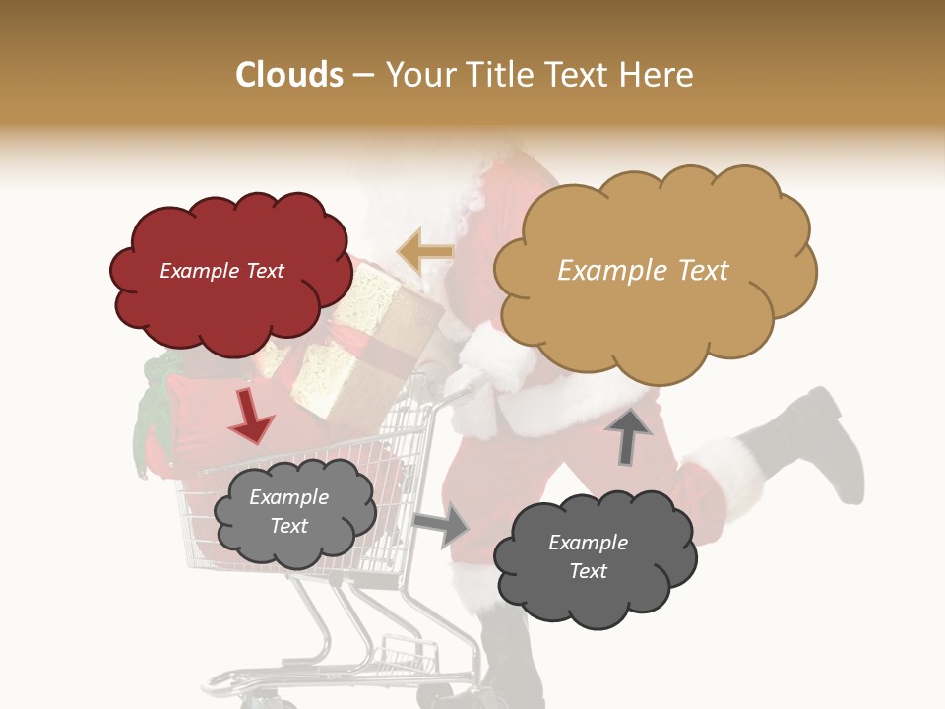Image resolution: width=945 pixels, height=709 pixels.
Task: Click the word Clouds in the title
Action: (289, 75)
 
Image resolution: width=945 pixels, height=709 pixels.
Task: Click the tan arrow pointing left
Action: (425, 251)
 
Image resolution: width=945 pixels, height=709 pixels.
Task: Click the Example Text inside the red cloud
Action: (221, 271)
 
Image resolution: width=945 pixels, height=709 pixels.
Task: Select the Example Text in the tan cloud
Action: (643, 271)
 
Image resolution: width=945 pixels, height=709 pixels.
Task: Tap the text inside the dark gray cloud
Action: (588, 556)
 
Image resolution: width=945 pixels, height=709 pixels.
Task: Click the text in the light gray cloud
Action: (288, 511)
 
